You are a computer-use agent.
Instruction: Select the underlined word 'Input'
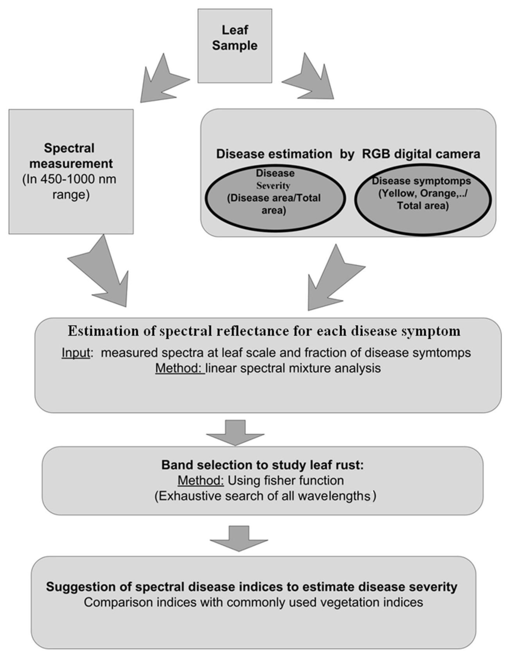coord(76,353)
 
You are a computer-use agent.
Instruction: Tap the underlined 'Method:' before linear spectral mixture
coord(180,368)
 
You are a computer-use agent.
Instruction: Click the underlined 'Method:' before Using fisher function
coord(201,480)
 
